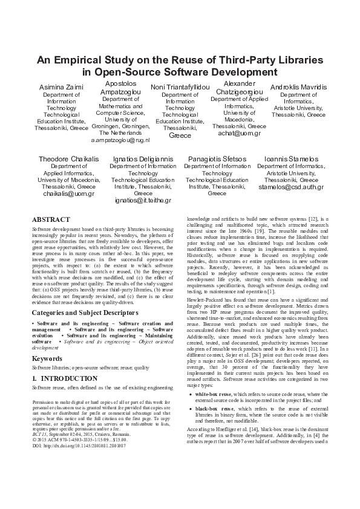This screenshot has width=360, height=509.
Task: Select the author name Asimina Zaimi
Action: pyautogui.click(x=61, y=88)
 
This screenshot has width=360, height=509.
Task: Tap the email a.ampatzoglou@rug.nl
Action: pyautogui.click(x=120, y=140)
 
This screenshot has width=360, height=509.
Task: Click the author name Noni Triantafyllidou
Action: pyautogui.click(x=180, y=88)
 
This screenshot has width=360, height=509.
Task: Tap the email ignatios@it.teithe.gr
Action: pyautogui.click(x=143, y=200)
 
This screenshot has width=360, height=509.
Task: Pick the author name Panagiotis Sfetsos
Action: pyautogui.click(x=217, y=158)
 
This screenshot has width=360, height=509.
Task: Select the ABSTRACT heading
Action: pyautogui.click(x=50, y=219)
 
